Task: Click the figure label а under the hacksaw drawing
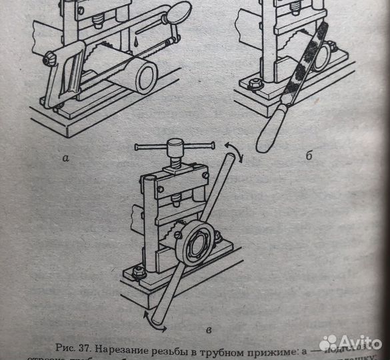click(x=65, y=159)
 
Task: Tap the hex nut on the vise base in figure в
click(x=139, y=271)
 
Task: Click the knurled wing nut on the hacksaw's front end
click(x=49, y=60)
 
